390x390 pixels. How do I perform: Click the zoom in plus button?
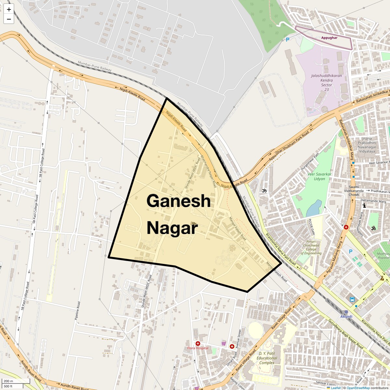(9, 10)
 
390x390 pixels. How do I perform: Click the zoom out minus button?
(9, 19)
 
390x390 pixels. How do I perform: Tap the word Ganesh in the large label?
(179, 201)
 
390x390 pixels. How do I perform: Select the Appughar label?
(329, 38)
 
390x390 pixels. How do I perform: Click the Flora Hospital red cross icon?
(198, 344)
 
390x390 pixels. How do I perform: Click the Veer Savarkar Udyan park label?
(319, 176)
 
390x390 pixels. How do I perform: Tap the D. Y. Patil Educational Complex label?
(267, 358)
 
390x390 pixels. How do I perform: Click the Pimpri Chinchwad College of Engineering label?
(311, 247)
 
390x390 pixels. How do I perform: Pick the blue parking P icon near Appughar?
(287, 40)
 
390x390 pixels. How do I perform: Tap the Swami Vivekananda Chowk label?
(354, 191)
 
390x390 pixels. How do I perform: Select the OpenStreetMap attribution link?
(358, 388)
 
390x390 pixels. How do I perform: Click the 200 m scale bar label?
(8, 381)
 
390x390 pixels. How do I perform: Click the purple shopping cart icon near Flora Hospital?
(224, 343)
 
